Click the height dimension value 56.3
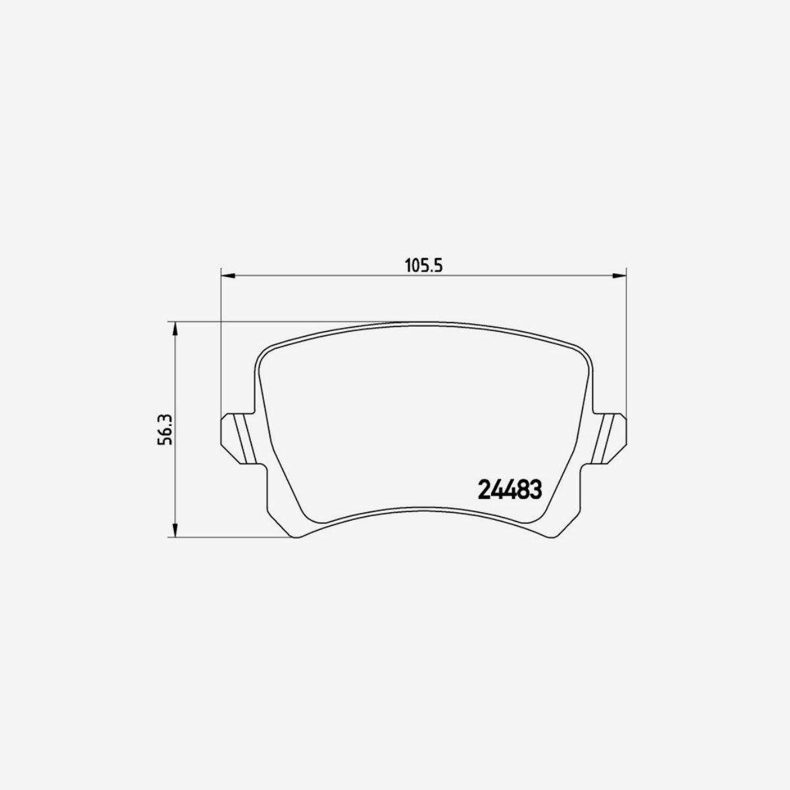tap(165, 430)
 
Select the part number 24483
tap(509, 490)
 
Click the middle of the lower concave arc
tap(423, 509)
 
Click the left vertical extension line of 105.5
tap(220, 342)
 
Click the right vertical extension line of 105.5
tap(625, 342)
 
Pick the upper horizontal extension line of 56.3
tap(276, 322)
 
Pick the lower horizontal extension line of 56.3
tap(230, 538)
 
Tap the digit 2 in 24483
tap(483, 490)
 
